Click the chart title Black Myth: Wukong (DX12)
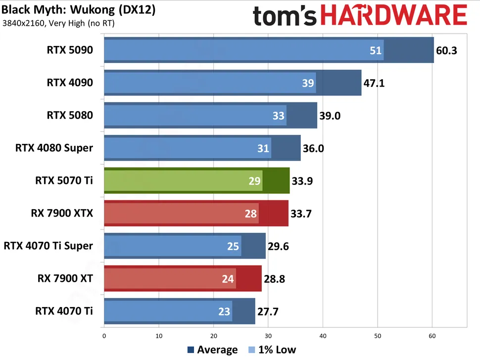(x=78, y=9)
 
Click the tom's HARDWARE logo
(x=360, y=16)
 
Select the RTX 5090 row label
(x=70, y=50)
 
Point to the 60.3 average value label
(x=447, y=50)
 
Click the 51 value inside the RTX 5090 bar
(x=376, y=50)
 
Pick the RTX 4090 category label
(x=70, y=83)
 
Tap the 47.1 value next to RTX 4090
(x=374, y=83)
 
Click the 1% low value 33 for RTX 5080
(x=279, y=116)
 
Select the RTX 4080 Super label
(x=54, y=148)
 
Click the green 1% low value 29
(x=254, y=181)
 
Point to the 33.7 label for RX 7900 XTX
(x=301, y=214)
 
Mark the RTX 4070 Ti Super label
(x=48, y=246)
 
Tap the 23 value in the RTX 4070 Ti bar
(x=224, y=312)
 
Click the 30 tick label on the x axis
(x=268, y=336)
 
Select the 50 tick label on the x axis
(x=377, y=336)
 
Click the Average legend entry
(x=213, y=350)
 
